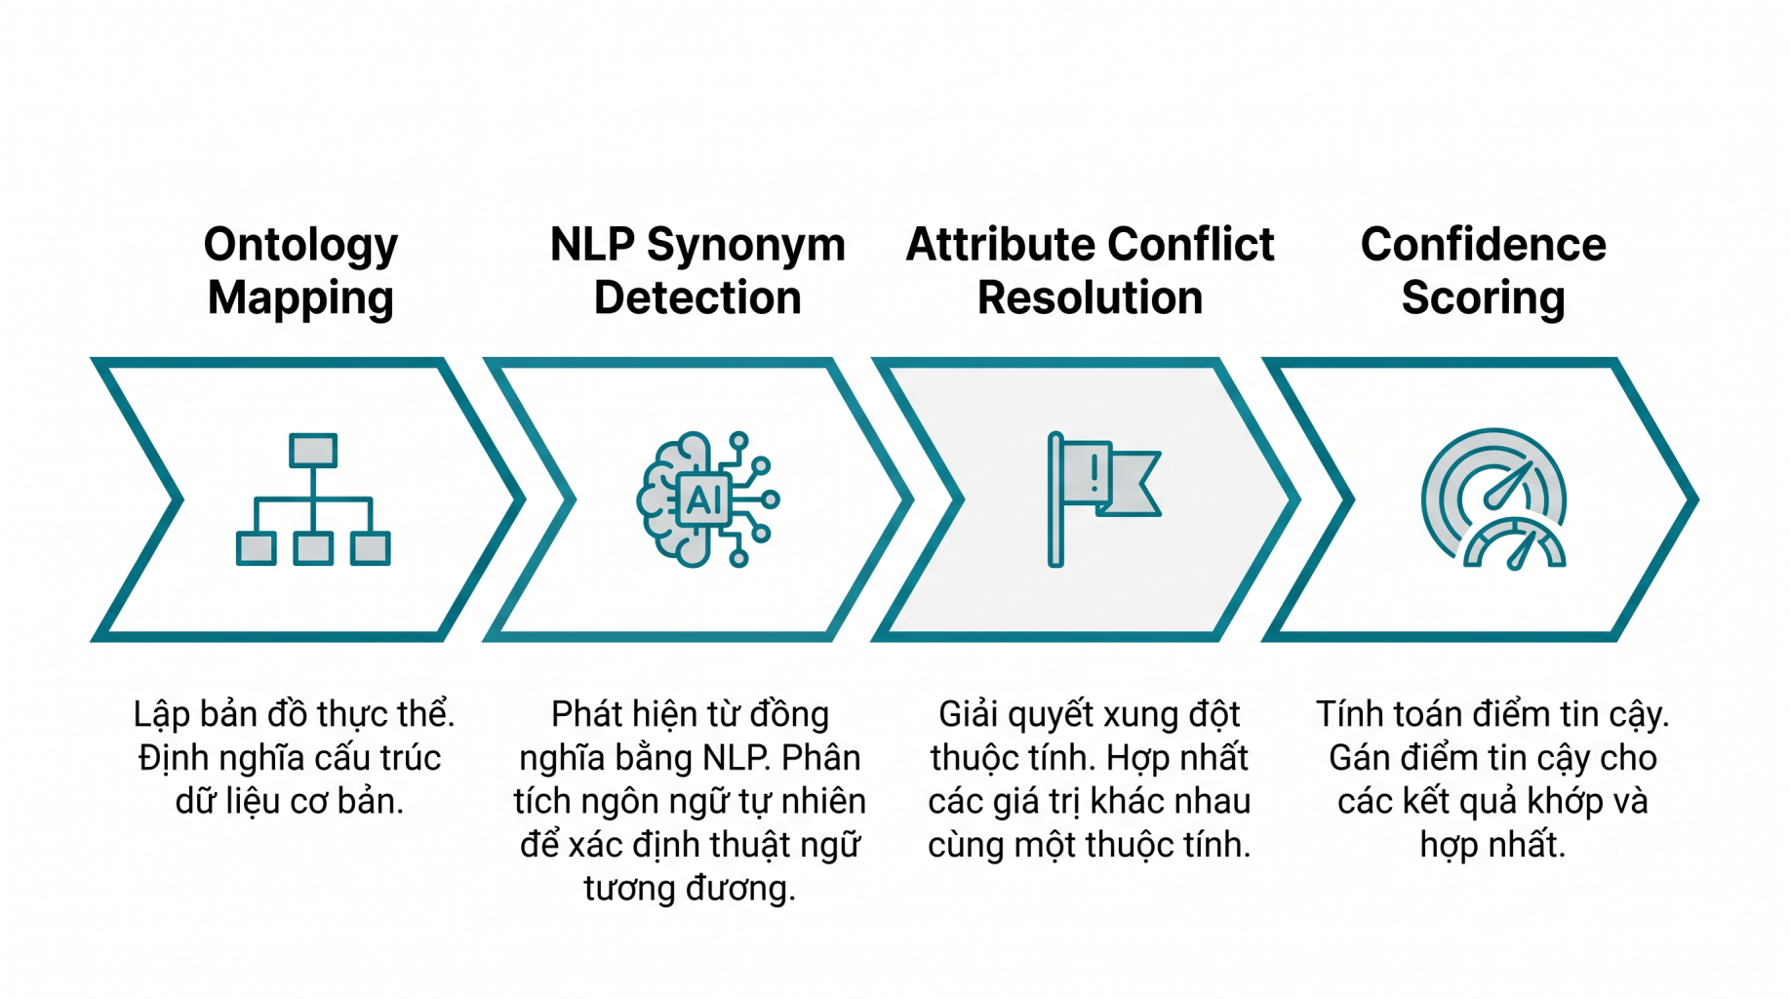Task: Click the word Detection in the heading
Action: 697,298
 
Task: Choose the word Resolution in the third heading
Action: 1090,298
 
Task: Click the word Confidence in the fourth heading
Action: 1483,244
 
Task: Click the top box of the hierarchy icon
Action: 313,451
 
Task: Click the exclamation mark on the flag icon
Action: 1094,473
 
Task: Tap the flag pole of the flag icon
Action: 1055,499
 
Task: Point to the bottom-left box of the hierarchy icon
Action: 257,548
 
